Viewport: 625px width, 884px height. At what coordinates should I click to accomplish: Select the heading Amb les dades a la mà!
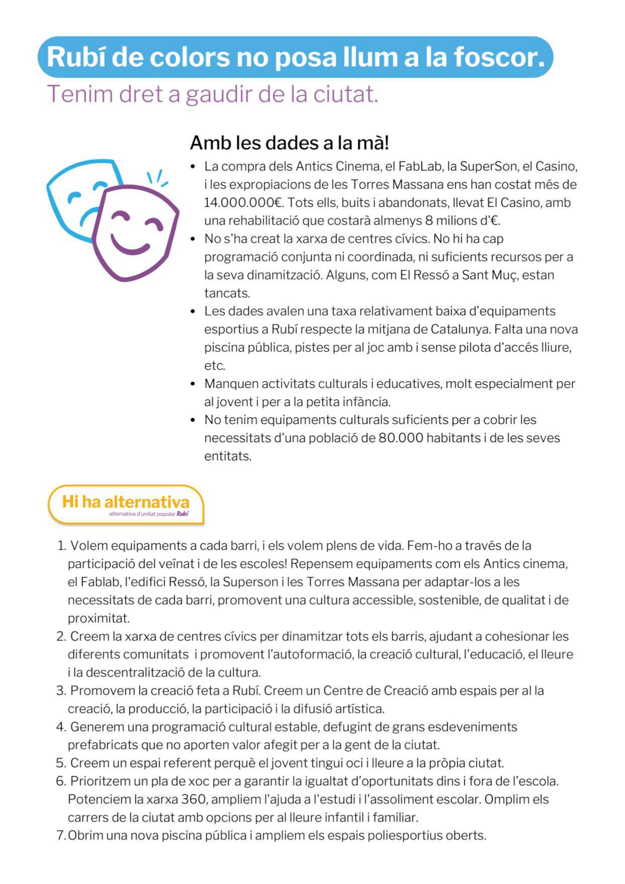(x=289, y=143)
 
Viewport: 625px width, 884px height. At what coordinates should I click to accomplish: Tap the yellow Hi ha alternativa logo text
(x=126, y=502)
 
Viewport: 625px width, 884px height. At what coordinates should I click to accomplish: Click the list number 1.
(x=61, y=546)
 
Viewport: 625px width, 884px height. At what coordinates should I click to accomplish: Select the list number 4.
(x=61, y=727)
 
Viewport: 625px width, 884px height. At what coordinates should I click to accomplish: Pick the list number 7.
(x=60, y=836)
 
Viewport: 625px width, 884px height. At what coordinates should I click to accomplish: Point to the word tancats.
(x=227, y=293)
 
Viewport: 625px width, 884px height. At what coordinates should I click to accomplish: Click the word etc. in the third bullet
(x=215, y=365)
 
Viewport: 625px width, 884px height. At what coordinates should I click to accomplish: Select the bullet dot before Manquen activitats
(x=193, y=384)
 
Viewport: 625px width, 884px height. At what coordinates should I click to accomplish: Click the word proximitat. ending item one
(x=99, y=618)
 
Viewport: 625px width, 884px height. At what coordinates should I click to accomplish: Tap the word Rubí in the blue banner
(x=76, y=56)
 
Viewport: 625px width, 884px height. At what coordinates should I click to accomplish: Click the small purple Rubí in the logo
(x=183, y=514)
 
